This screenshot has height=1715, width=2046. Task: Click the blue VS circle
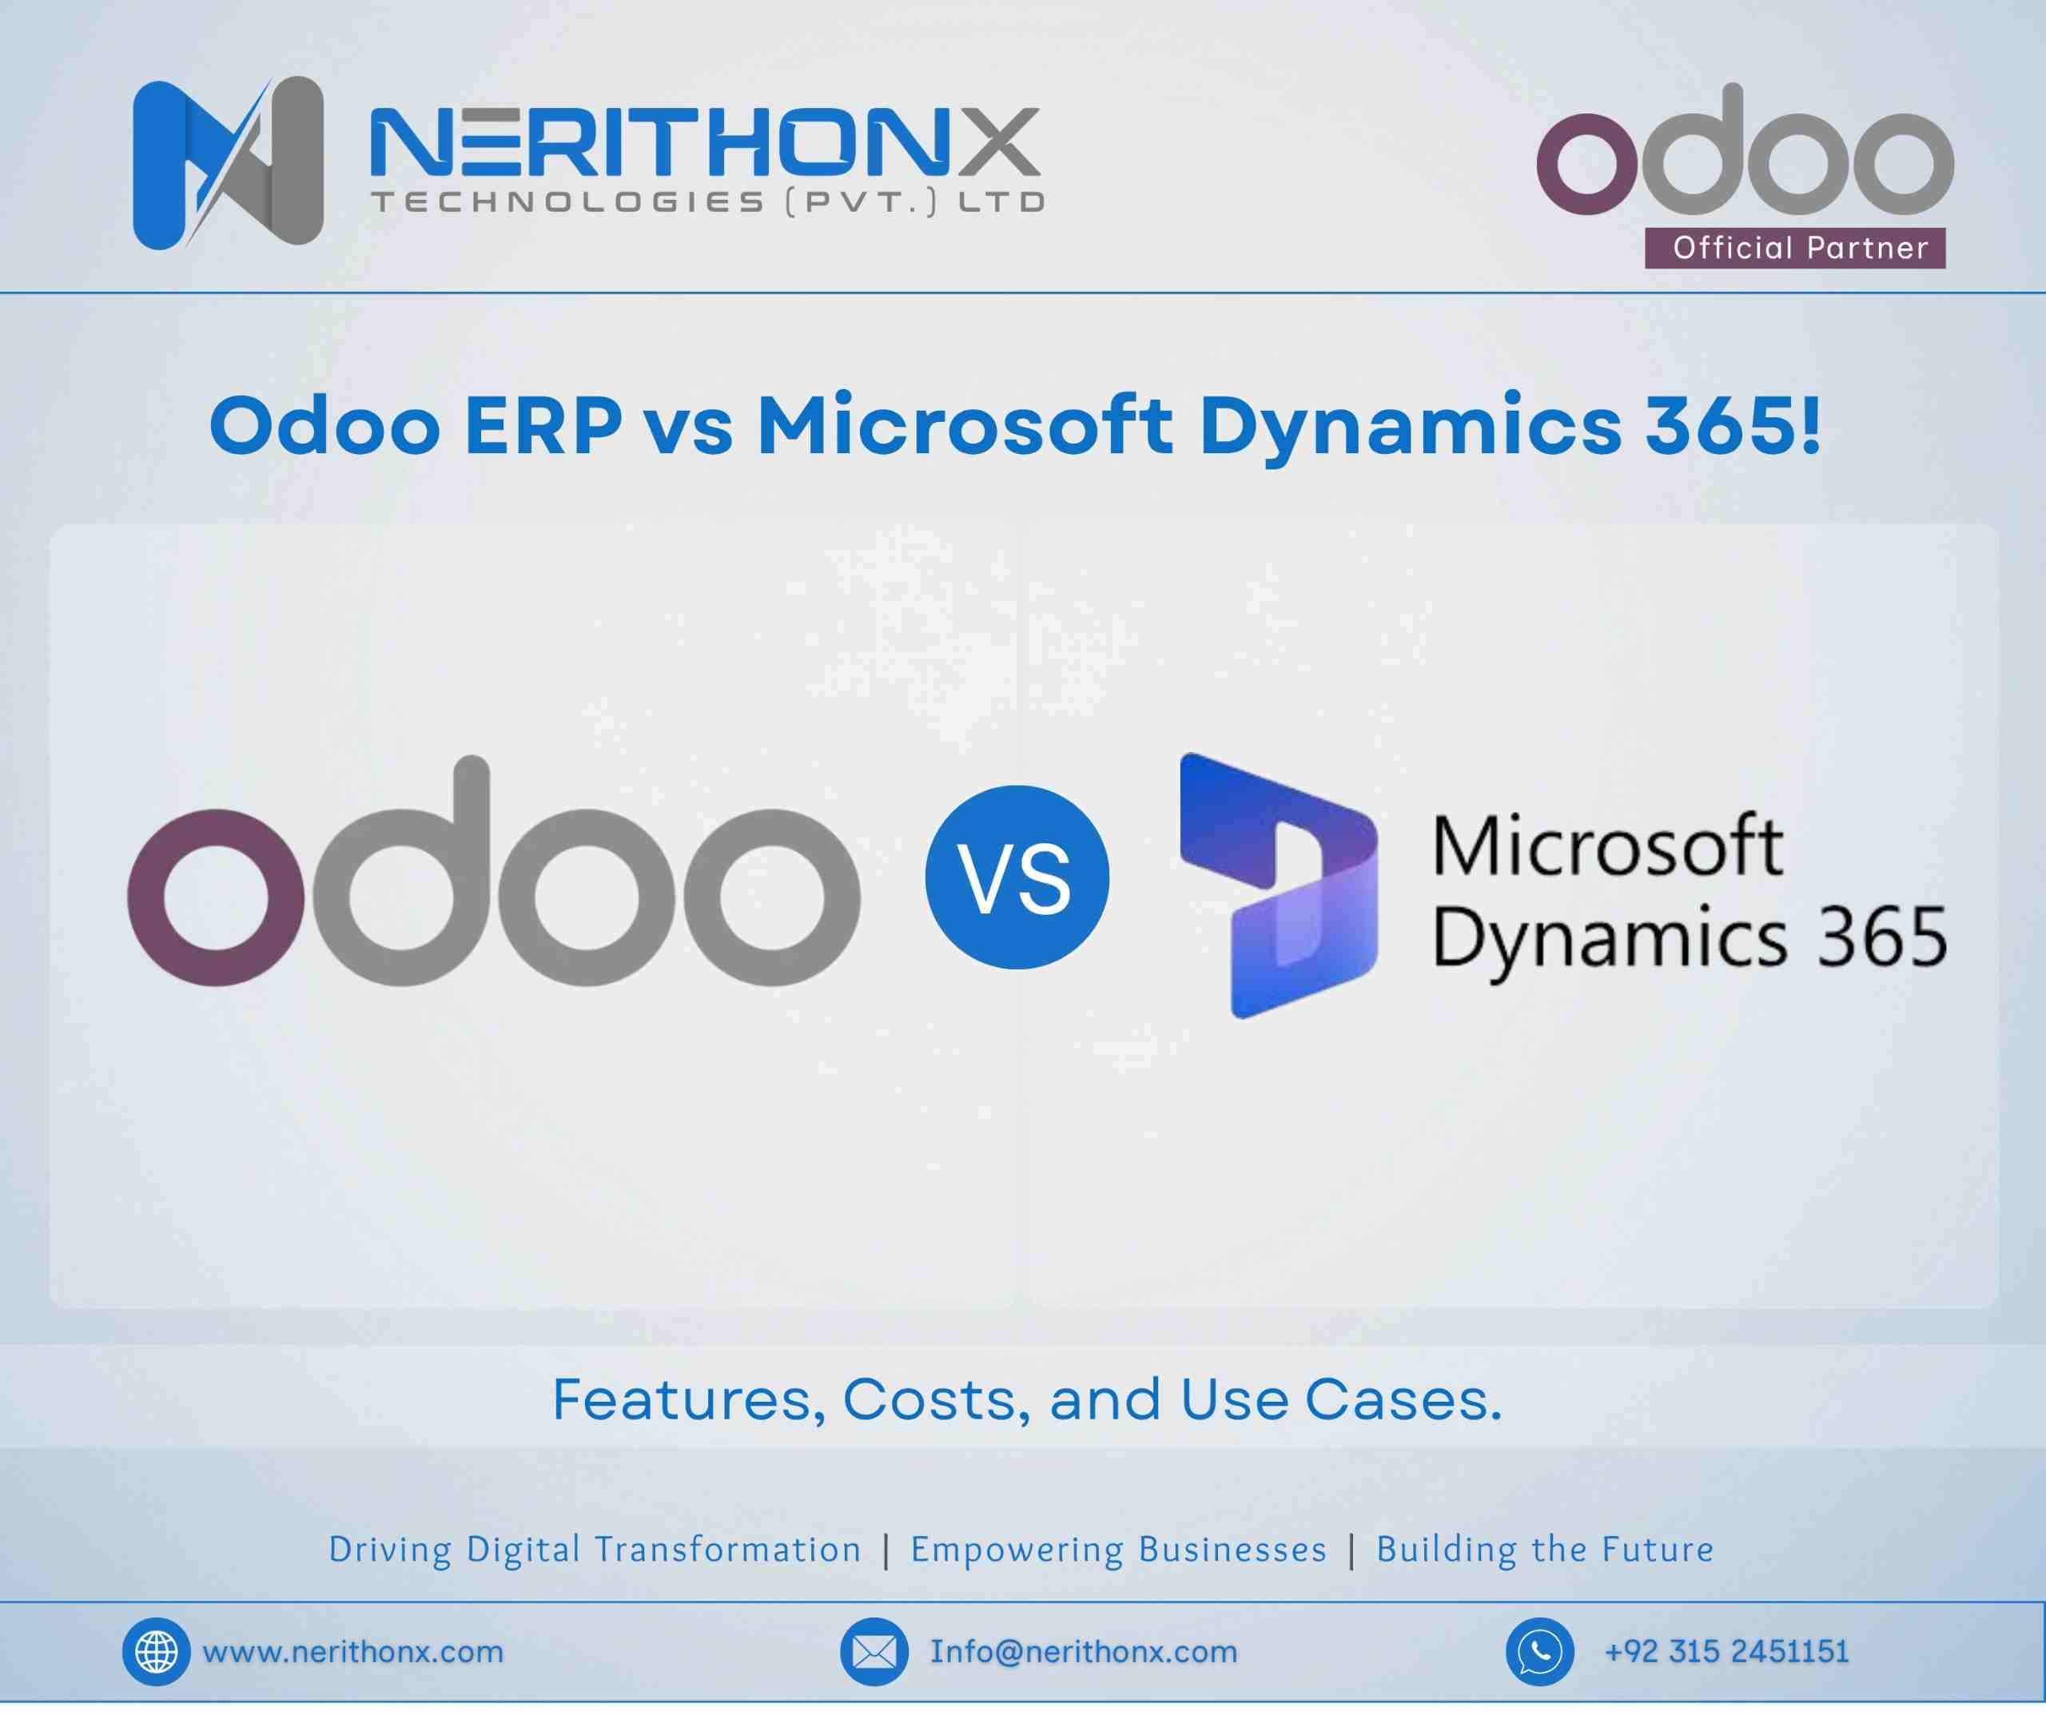click(1016, 877)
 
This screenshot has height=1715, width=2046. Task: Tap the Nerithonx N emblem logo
click(228, 163)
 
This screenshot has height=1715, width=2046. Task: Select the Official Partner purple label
click(1794, 248)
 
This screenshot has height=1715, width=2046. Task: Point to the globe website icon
click(156, 1652)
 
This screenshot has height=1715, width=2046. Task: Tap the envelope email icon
click(874, 1652)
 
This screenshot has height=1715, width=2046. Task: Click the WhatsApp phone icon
click(1539, 1652)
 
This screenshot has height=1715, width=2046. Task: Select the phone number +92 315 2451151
click(1726, 1652)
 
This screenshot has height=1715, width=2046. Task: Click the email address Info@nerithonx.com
click(1084, 1652)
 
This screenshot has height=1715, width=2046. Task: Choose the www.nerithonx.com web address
click(352, 1652)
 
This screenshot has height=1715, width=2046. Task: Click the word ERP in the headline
click(543, 426)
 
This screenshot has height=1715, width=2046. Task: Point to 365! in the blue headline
click(1732, 426)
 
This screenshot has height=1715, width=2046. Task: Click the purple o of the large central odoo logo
click(217, 897)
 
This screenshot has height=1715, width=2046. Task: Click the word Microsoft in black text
click(1607, 846)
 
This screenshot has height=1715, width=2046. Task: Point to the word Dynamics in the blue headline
click(1410, 426)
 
